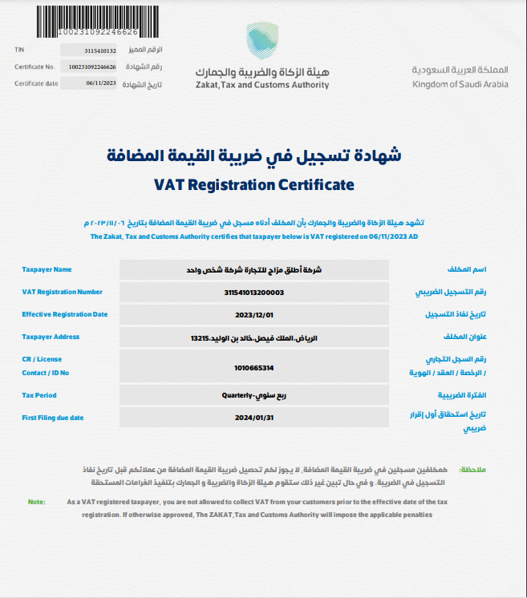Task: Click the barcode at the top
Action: click(89, 18)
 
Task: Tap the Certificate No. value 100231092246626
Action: click(92, 67)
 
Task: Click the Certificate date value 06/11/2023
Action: click(101, 83)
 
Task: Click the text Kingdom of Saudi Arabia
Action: click(460, 84)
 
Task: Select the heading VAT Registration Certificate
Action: click(253, 185)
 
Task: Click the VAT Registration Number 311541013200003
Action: click(254, 293)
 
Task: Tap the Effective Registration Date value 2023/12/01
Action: click(254, 315)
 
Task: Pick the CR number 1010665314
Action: click(254, 368)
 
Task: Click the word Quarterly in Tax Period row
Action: click(237, 395)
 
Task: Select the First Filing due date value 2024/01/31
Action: click(254, 418)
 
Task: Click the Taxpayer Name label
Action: click(47, 270)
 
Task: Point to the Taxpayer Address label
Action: click(51, 337)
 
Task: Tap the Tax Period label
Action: click(39, 395)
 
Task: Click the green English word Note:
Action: click(37, 502)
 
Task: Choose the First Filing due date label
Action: click(53, 418)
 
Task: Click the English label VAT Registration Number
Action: click(63, 293)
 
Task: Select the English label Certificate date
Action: click(36, 83)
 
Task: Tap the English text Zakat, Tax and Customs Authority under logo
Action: click(261, 84)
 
